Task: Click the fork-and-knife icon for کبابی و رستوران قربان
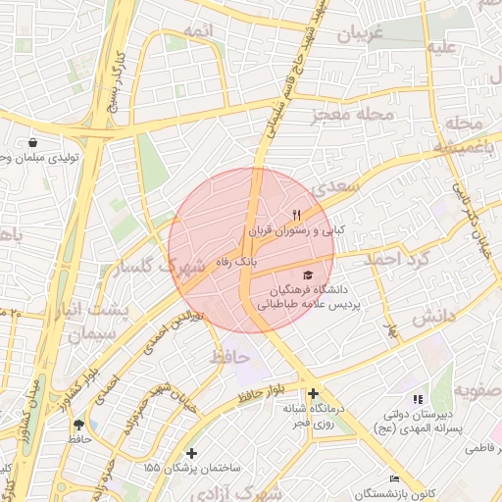(x=296, y=215)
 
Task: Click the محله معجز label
(x=351, y=117)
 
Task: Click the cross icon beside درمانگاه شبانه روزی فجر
(x=312, y=395)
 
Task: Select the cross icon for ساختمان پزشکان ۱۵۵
(x=191, y=454)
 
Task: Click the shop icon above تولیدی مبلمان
(x=33, y=142)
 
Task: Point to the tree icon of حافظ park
(x=78, y=424)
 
